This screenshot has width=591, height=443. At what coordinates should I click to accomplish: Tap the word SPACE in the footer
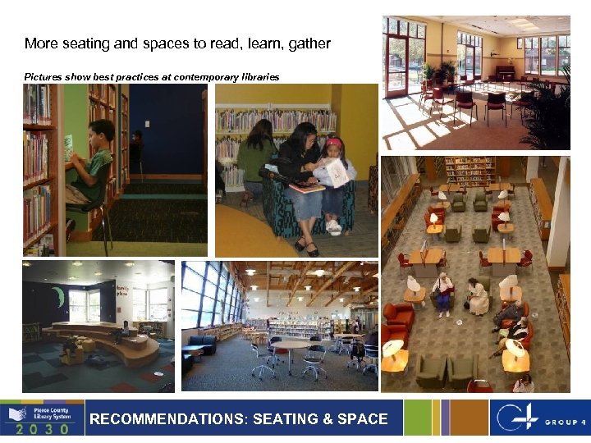362,419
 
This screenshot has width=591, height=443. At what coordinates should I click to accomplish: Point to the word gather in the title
307,43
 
